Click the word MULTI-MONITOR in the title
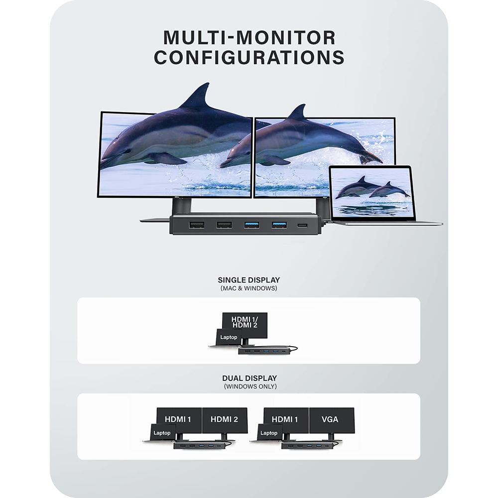tap(249, 37)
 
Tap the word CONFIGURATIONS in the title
tap(249, 57)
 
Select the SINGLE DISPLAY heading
tap(249, 280)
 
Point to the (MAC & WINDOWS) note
tap(249, 288)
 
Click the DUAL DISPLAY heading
tap(249, 378)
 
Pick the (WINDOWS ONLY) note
tap(249, 386)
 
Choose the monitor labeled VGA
tap(331, 420)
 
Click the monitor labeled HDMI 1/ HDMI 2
tap(244, 322)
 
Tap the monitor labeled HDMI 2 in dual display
tap(225, 420)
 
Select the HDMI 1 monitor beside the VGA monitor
tap(286, 420)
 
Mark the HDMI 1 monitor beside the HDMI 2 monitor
tap(179, 420)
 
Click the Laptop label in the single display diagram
tap(229, 337)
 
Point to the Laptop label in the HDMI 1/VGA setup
tap(269, 433)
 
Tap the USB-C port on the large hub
tap(302, 226)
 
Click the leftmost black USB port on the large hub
tap(196, 225)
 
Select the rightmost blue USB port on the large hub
tap(279, 225)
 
